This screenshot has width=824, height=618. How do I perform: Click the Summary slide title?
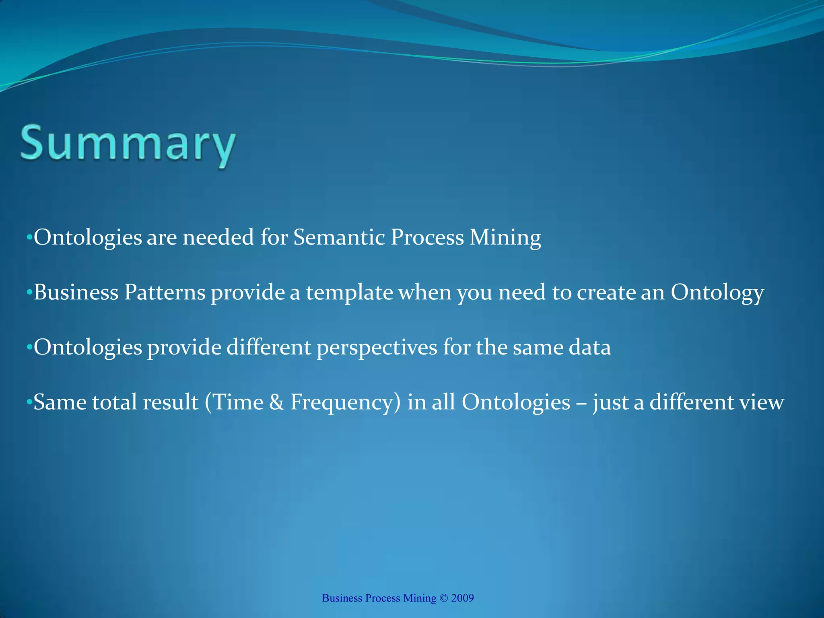tap(128, 145)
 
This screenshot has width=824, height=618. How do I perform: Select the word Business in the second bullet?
tap(76, 292)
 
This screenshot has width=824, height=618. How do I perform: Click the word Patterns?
tap(165, 292)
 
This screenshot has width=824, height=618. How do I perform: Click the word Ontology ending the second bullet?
tap(717, 293)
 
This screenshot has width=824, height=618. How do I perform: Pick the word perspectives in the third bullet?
tap(377, 348)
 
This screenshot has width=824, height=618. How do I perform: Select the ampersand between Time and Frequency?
tap(276, 402)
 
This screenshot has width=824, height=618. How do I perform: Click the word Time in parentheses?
tap(237, 402)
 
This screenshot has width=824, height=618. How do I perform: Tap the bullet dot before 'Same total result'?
tap(29, 403)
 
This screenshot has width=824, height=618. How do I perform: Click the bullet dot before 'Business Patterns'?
tap(29, 293)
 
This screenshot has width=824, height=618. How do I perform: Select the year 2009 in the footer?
tap(462, 598)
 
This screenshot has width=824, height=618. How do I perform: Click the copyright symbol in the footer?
tap(444, 598)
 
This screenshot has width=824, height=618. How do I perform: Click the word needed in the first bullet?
tap(218, 237)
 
